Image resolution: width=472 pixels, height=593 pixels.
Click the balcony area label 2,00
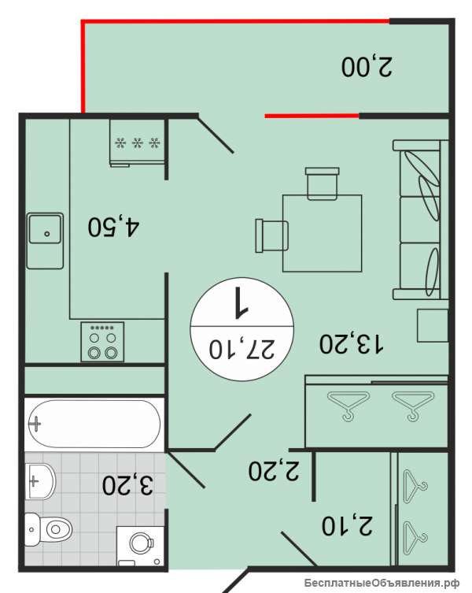[367, 67]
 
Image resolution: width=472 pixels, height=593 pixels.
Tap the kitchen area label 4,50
[113, 227]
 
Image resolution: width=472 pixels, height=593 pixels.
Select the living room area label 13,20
[352, 343]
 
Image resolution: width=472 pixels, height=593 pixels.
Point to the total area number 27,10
[242, 349]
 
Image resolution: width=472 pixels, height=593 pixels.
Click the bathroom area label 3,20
[127, 484]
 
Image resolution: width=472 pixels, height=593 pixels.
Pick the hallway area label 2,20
[274, 470]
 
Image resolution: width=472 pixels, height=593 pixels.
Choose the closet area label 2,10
[347, 525]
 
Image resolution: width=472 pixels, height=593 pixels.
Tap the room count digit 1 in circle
[241, 302]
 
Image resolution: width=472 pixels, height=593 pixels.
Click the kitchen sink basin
[45, 229]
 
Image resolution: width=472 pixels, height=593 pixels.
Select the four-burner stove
[102, 342]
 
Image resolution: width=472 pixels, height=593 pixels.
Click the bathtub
[94, 424]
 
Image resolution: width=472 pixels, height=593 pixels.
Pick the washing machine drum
[141, 543]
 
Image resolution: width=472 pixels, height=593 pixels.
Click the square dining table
[323, 233]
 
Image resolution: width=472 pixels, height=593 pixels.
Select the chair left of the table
[271, 235]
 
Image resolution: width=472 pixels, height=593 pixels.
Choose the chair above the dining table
[322, 183]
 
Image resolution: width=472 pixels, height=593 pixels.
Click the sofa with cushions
[420, 220]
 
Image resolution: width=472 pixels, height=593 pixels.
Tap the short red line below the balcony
[312, 116]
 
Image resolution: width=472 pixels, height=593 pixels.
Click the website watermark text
[382, 583]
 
